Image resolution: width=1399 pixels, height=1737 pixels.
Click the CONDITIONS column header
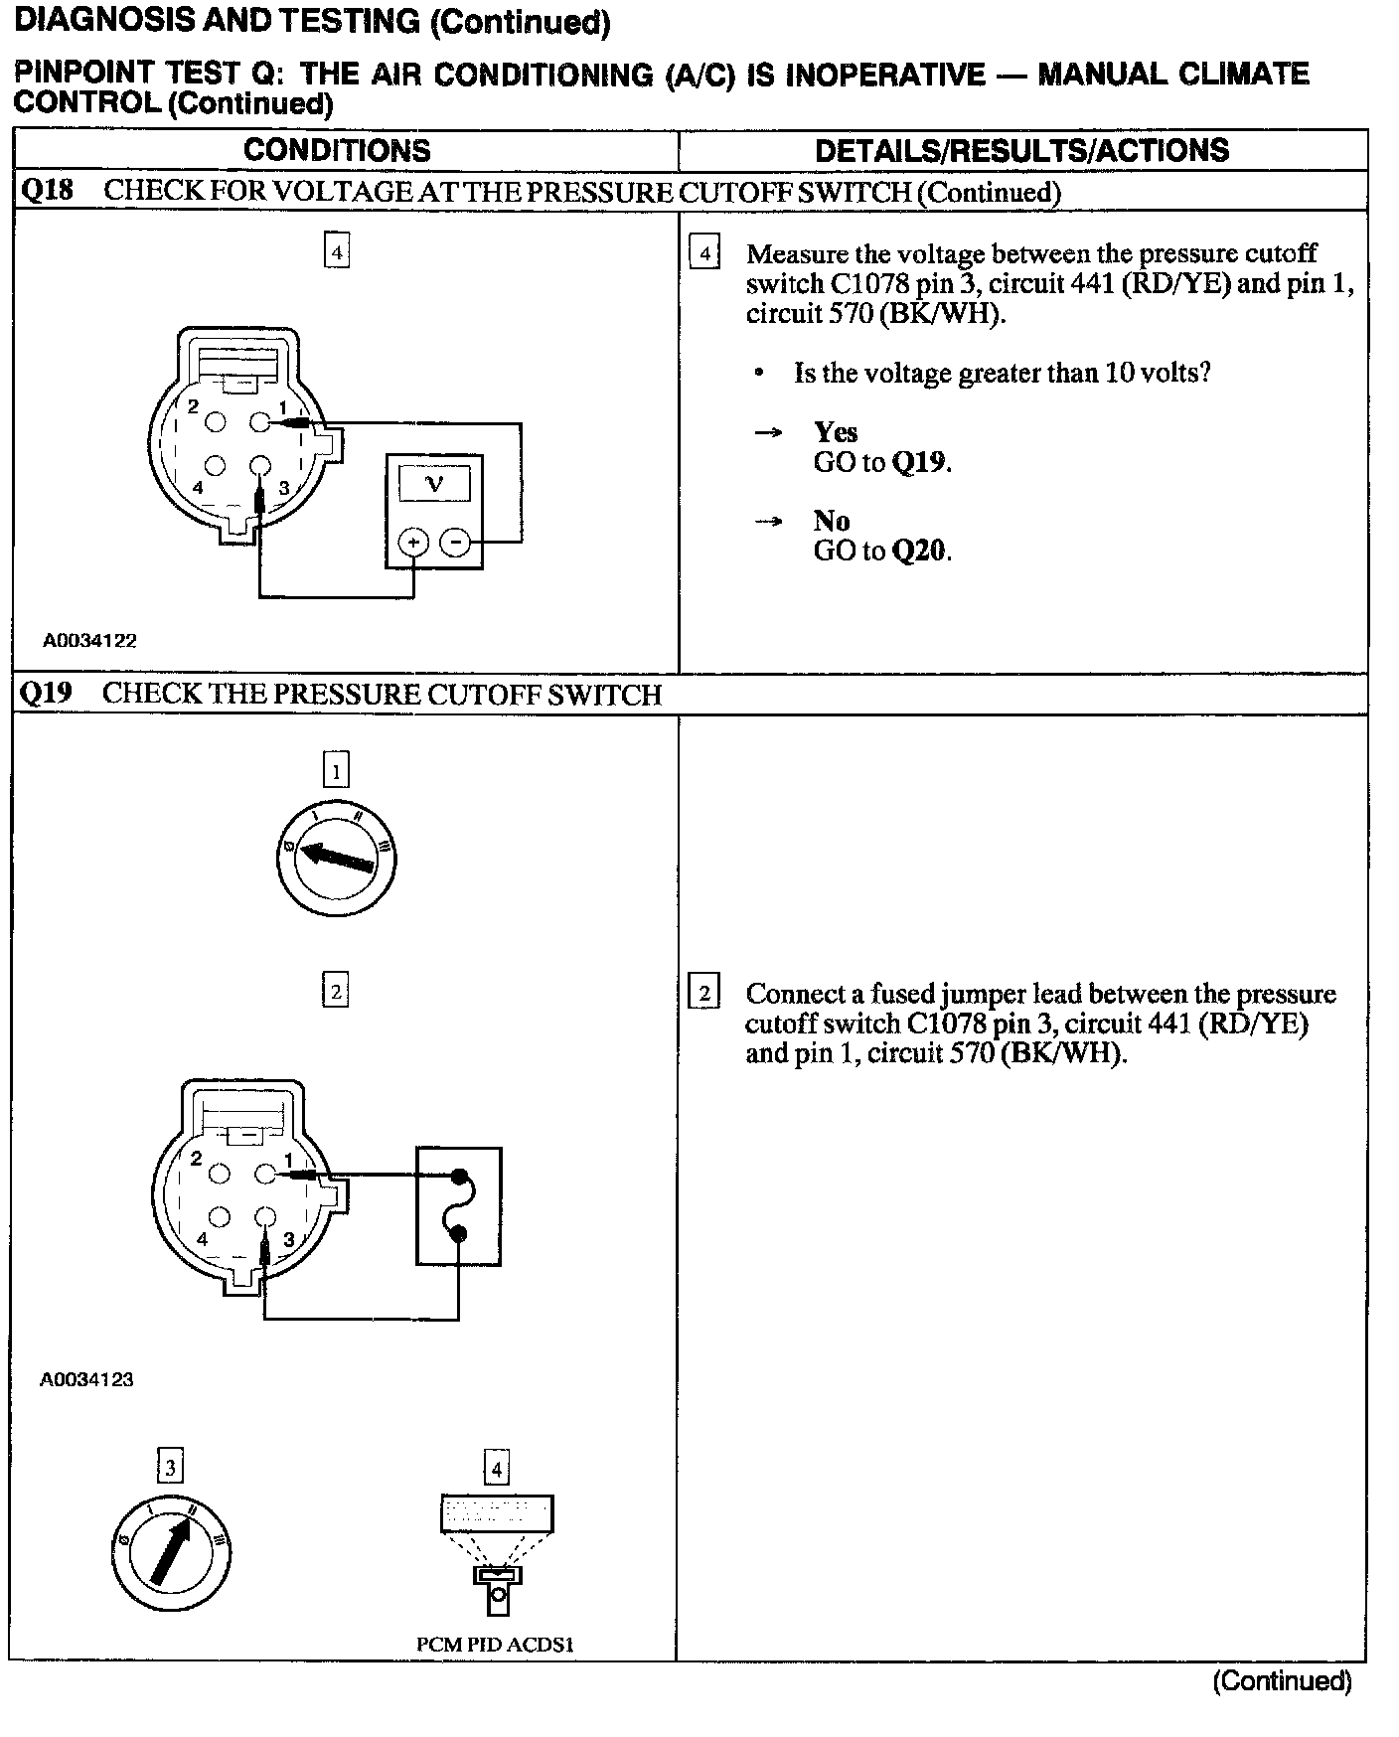pos(337,151)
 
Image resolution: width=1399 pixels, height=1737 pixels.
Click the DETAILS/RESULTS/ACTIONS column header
pos(1021,151)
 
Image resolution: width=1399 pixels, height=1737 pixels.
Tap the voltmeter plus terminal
pos(412,543)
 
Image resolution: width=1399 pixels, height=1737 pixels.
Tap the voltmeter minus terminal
pos(455,543)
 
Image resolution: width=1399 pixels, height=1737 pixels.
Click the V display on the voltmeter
pos(434,484)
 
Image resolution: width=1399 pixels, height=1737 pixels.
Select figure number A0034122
pos(89,641)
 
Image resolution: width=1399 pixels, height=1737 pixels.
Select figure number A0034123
pos(86,1379)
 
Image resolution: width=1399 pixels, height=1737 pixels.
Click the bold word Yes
pos(835,432)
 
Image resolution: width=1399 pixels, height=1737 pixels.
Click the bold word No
pos(831,521)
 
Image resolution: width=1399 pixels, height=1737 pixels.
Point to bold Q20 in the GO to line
pos(920,551)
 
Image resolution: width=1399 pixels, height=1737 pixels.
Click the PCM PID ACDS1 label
pos(495,1644)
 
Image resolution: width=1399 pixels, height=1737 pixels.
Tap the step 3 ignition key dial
pos(171,1552)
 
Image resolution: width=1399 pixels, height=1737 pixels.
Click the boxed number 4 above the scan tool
pos(495,1467)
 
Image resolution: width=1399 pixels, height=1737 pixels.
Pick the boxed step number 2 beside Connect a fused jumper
pos(703,993)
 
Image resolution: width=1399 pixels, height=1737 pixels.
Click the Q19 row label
pos(46,694)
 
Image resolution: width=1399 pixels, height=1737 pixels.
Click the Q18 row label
pos(46,191)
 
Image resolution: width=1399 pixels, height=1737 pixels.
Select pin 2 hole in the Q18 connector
pos(216,423)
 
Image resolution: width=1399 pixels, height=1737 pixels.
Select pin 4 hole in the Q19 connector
pos(220,1217)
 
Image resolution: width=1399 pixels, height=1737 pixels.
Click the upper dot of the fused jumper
pos(459,1178)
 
